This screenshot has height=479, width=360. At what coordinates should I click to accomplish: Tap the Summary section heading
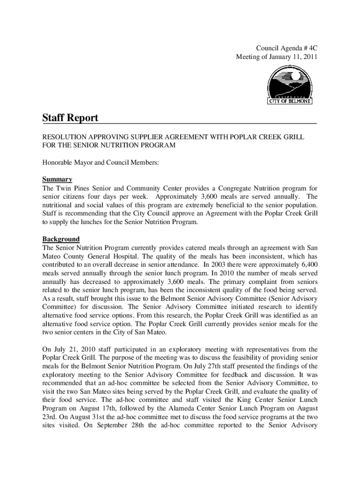(57, 179)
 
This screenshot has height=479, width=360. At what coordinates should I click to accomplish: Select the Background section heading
(61, 239)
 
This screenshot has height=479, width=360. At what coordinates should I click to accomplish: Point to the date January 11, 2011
(291, 57)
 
